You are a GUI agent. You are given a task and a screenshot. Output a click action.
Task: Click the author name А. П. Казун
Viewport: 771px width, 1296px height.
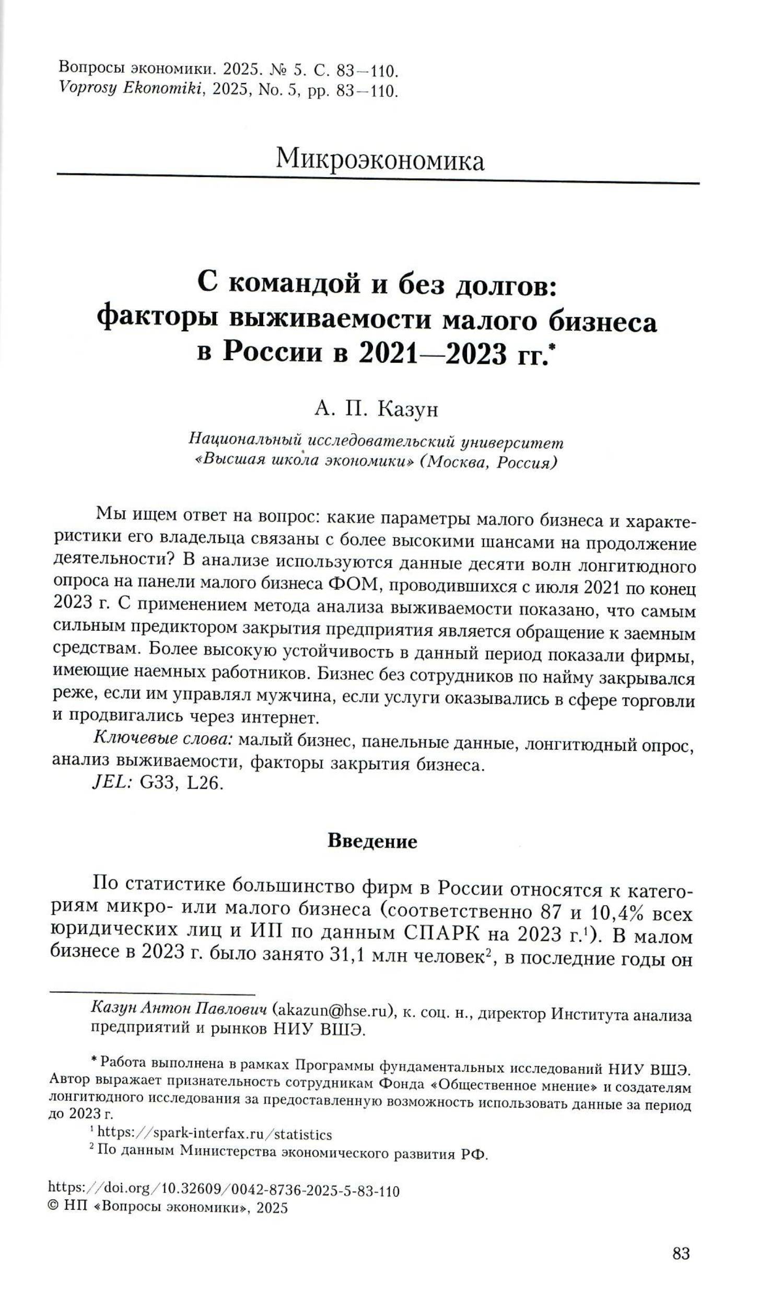click(x=376, y=409)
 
